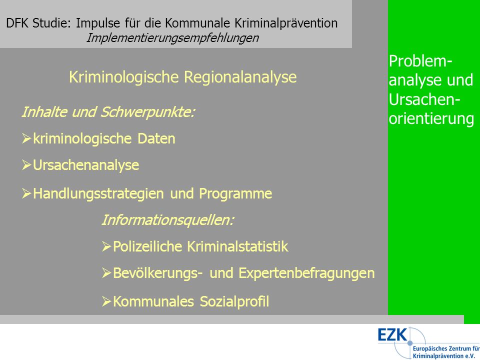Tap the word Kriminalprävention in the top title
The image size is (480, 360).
coord(286,23)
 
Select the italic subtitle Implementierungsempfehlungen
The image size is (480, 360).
coord(172,38)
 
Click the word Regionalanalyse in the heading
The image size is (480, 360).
coord(240,77)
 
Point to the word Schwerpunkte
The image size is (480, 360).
coord(147,112)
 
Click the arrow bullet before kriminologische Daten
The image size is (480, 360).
coord(26,138)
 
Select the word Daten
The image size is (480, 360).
coord(156,138)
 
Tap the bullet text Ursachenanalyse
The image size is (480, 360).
coord(86,165)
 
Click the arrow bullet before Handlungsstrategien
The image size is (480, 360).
coord(26,193)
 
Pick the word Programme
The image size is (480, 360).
coord(235,194)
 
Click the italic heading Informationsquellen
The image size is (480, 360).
coord(168,220)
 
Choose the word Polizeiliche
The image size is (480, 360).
coord(147,246)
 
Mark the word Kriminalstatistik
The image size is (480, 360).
coord(238,246)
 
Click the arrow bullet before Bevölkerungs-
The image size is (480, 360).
coord(106,273)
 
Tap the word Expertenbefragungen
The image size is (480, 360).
coord(306,273)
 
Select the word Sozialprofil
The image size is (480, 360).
coord(234,301)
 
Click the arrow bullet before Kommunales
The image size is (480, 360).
coord(106,301)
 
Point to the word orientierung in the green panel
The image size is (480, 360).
coord(431,119)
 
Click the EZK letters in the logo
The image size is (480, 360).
coord(392,334)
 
